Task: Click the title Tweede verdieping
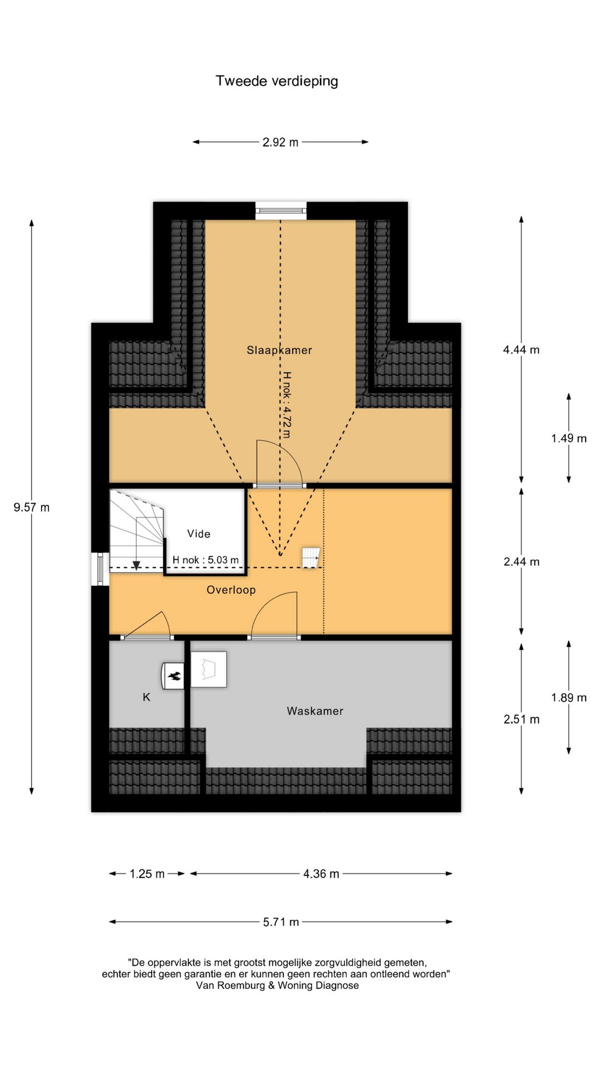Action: click(x=277, y=81)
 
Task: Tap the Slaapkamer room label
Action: click(x=279, y=350)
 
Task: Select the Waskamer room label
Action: click(x=315, y=711)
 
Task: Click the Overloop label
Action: click(x=231, y=590)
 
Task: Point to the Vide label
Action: click(x=199, y=534)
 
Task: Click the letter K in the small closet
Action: click(x=147, y=697)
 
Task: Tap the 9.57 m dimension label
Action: click(x=32, y=507)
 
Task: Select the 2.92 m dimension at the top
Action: click(x=281, y=142)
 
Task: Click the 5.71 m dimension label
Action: click(x=281, y=922)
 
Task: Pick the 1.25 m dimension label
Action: click(x=147, y=874)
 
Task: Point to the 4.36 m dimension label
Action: click(x=321, y=874)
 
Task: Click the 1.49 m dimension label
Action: click(x=569, y=439)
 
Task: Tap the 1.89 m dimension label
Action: click(x=569, y=698)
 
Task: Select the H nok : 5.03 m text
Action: click(x=206, y=560)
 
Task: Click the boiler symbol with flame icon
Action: click(x=173, y=676)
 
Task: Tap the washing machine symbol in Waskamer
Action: click(x=209, y=670)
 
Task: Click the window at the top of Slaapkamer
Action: click(x=281, y=210)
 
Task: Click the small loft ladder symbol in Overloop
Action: click(x=311, y=557)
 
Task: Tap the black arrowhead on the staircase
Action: click(x=136, y=566)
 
